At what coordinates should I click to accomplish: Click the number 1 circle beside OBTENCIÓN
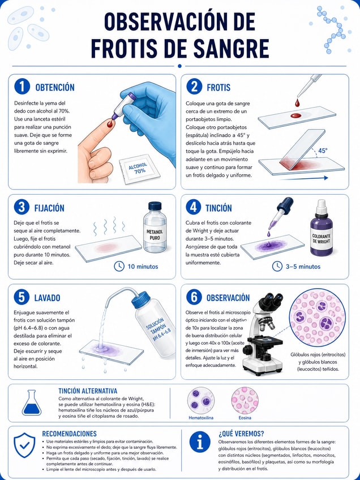(x=22, y=87)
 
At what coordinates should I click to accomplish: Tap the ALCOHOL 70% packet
(x=136, y=169)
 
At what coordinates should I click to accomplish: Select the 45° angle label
(x=323, y=151)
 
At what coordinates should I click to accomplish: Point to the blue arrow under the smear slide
(x=304, y=178)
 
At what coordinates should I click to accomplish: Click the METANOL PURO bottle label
(x=155, y=235)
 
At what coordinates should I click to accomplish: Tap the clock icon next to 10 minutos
(x=119, y=266)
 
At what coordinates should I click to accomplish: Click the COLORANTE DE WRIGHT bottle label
(x=322, y=239)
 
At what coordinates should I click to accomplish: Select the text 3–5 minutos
(x=303, y=267)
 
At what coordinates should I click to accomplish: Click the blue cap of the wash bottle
(x=142, y=300)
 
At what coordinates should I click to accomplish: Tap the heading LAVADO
(x=47, y=298)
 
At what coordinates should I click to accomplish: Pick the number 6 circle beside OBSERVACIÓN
(x=194, y=297)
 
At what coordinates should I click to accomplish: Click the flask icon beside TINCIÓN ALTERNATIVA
(x=32, y=402)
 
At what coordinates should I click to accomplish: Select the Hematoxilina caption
(x=201, y=418)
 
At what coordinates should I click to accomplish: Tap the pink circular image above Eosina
(x=245, y=401)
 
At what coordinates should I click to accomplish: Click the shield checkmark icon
(x=24, y=445)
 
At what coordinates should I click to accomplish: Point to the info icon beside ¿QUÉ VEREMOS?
(x=200, y=442)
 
